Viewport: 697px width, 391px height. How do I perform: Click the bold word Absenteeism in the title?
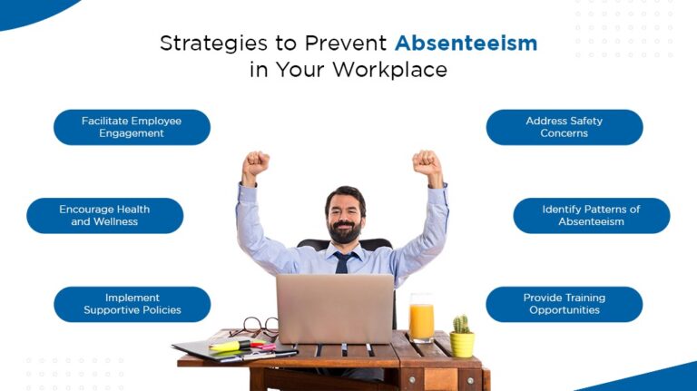(465, 43)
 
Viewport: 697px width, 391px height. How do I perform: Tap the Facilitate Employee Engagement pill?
(132, 127)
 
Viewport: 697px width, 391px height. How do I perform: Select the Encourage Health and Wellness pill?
(104, 216)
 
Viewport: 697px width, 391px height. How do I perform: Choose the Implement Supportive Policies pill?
(132, 304)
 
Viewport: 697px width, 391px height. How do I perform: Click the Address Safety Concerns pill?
(564, 127)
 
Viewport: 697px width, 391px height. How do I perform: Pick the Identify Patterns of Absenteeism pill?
(591, 216)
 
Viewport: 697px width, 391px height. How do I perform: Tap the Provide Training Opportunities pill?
(564, 304)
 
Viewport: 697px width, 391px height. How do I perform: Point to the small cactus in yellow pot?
(462, 337)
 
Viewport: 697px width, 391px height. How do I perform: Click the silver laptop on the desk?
(334, 308)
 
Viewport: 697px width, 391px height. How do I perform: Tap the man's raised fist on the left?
(256, 164)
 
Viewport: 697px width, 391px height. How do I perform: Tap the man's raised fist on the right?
(426, 162)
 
